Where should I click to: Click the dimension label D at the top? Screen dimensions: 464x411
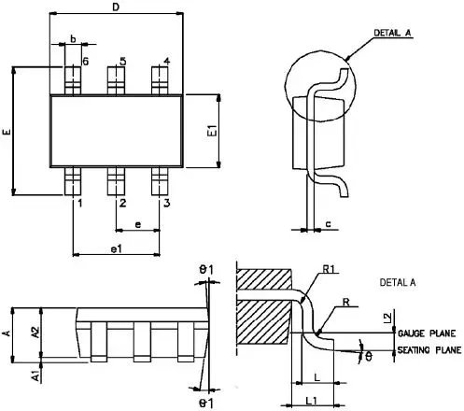pos(116,7)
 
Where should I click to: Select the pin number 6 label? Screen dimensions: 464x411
pos(85,62)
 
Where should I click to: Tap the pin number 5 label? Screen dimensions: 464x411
pos(123,61)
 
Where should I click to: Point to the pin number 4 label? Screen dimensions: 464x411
pos(167,61)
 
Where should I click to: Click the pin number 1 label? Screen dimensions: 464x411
pos(80,204)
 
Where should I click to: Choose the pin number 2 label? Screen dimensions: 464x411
pos(123,203)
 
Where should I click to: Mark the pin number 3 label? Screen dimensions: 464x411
pos(167,203)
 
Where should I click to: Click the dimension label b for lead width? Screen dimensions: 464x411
pos(73,39)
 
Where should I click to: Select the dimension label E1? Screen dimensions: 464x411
pos(212,131)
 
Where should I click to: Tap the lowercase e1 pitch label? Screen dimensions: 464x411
pos(116,248)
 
